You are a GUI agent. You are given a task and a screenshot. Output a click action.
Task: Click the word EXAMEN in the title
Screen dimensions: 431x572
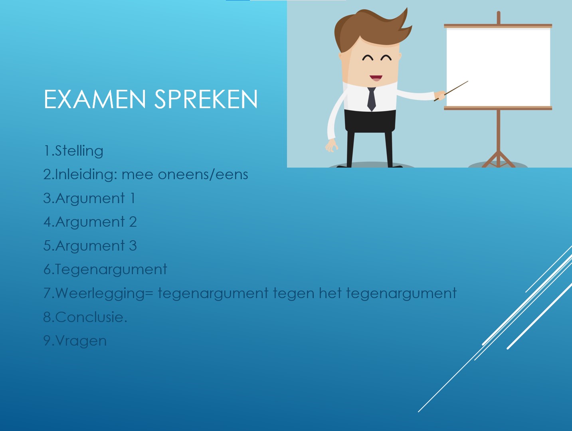click(x=95, y=99)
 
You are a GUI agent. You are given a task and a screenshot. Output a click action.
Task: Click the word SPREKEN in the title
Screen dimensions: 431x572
click(x=206, y=99)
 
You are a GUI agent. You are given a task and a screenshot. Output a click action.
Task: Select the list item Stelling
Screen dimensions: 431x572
click(x=79, y=151)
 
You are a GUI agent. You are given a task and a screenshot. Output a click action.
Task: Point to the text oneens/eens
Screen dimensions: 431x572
click(x=203, y=174)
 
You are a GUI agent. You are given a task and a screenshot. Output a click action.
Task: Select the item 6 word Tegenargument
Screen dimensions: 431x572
click(x=111, y=270)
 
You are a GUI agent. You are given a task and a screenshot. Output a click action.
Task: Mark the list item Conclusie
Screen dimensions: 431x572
click(x=91, y=317)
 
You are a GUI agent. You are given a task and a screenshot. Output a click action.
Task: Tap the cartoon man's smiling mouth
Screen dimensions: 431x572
click(x=375, y=78)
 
